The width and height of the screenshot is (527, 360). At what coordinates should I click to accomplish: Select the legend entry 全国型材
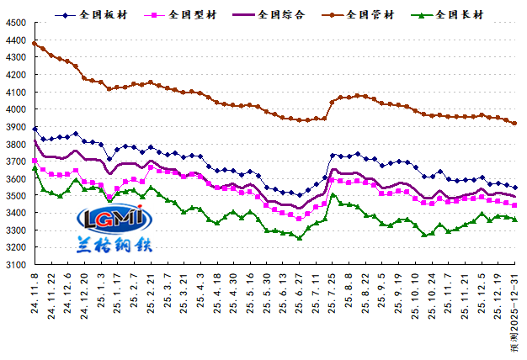click(193, 14)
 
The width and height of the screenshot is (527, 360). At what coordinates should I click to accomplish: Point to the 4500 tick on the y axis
click(15, 22)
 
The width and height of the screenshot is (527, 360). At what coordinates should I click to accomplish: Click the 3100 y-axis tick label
click(15, 264)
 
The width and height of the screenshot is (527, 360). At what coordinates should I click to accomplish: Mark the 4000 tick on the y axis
click(15, 109)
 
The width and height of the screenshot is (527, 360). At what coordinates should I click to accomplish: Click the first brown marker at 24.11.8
click(35, 43)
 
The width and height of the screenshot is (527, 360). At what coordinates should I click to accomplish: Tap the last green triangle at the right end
click(514, 220)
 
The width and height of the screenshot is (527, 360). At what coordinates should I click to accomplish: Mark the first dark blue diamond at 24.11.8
click(35, 130)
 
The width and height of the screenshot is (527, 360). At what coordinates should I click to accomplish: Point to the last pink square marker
click(514, 205)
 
